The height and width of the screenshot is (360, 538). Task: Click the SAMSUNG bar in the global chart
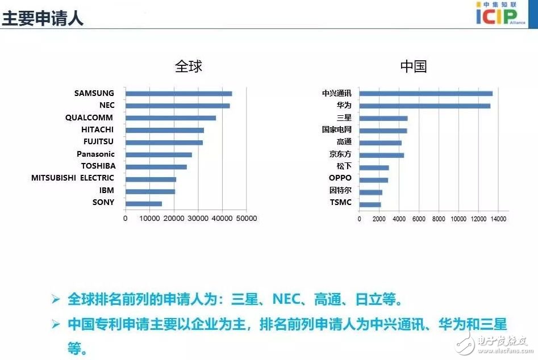click(178, 94)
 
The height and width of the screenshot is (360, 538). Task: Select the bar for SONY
click(143, 203)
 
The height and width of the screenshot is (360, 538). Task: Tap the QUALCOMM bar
click(170, 118)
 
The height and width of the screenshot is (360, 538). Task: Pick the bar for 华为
click(424, 106)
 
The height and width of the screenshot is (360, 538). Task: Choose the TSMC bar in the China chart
click(370, 204)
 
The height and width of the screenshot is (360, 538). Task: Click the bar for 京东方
click(381, 155)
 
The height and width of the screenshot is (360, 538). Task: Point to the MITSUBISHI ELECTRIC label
click(73, 178)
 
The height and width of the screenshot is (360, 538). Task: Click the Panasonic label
click(95, 154)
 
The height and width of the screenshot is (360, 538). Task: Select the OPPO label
click(340, 178)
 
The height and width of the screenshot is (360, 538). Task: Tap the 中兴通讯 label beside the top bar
click(337, 93)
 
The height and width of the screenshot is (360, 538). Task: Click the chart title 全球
click(188, 66)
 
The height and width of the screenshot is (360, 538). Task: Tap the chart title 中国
click(413, 66)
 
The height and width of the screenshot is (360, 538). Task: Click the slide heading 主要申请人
click(43, 18)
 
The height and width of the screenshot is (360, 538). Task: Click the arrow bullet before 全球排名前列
click(56, 299)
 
